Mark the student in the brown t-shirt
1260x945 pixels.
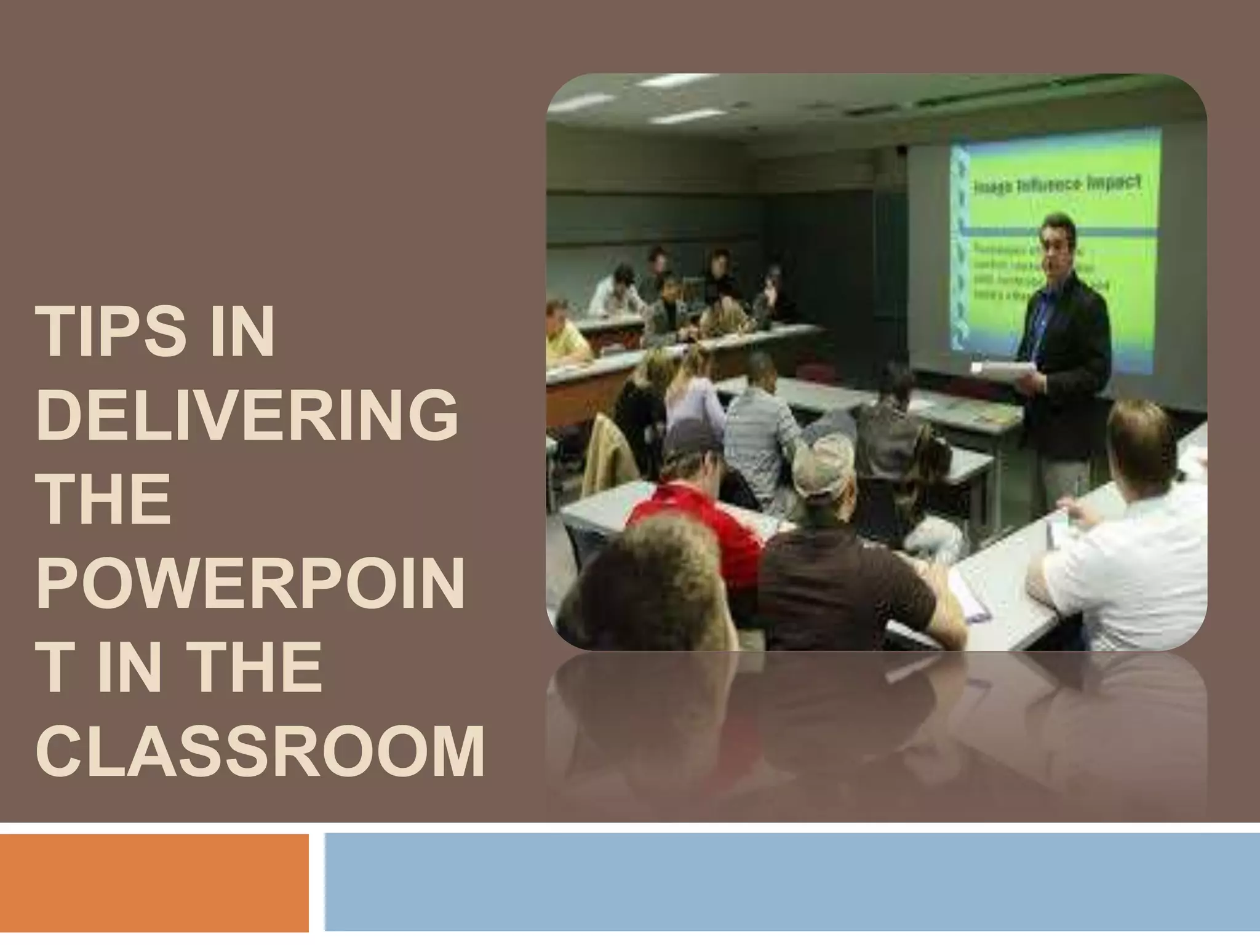849,578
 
